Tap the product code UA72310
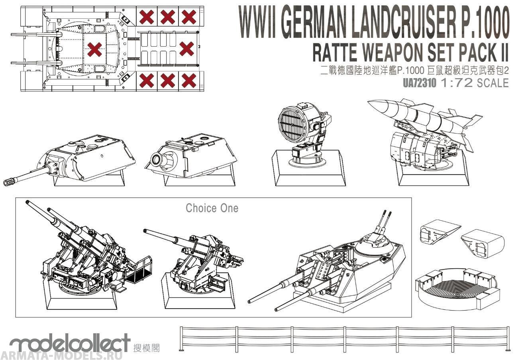pyautogui.click(x=420, y=83)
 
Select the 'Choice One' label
pyautogui.click(x=212, y=208)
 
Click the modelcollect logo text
pyautogui.click(x=70, y=343)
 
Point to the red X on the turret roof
pyautogui.click(x=94, y=49)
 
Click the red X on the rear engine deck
pyautogui.click(x=186, y=49)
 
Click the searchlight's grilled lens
pyautogui.click(x=290, y=125)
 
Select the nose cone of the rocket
pyautogui.click(x=377, y=106)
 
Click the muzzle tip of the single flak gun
pyautogui.click(x=146, y=230)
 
